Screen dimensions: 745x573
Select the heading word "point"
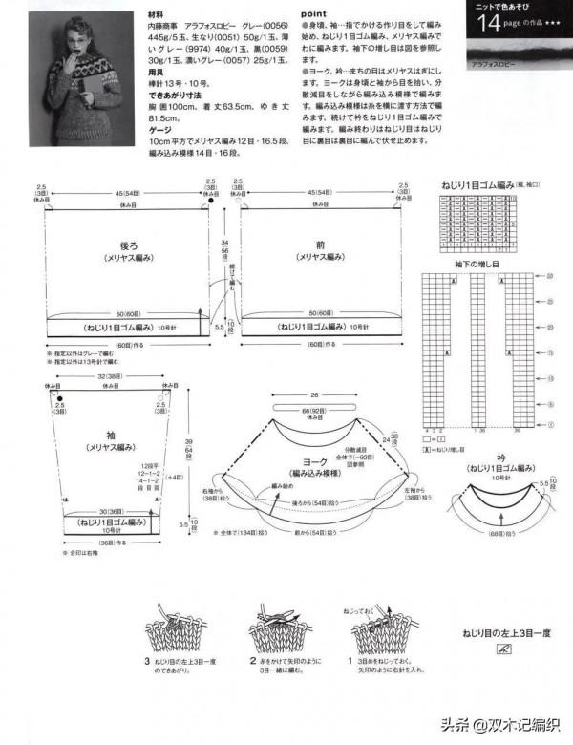[x=315, y=15]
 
